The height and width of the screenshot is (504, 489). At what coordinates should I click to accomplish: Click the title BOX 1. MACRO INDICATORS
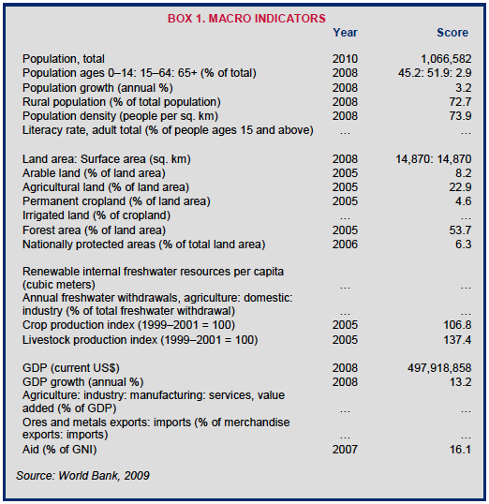[246, 19]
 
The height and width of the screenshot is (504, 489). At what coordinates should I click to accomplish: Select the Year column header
[345, 33]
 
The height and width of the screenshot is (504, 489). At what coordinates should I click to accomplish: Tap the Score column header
[452, 33]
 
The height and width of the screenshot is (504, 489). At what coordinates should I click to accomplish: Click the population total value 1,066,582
[446, 59]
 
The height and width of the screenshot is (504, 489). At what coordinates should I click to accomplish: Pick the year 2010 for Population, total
[345, 59]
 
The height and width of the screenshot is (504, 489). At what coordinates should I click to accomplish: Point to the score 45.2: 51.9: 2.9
[435, 73]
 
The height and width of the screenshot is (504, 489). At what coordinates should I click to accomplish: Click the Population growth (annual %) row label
[97, 88]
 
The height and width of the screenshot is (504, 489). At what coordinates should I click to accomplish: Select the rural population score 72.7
[460, 102]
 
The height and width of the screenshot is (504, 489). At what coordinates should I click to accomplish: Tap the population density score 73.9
[460, 116]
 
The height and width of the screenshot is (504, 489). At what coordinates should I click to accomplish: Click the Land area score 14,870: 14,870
[434, 159]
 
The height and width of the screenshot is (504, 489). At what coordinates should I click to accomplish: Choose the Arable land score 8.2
[464, 173]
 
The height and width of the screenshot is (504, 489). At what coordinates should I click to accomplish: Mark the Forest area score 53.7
[460, 230]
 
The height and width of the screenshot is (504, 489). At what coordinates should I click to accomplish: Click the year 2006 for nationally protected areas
[345, 245]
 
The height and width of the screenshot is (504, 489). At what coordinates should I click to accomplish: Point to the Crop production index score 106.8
[457, 325]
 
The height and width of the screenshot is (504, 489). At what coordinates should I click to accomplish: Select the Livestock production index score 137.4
[457, 340]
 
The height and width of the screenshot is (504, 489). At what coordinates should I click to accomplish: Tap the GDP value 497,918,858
[439, 368]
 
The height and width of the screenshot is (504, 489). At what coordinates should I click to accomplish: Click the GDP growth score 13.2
[460, 382]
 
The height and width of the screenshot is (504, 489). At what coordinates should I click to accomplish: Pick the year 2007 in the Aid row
[345, 450]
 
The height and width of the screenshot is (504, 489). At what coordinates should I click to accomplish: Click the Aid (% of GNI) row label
[59, 450]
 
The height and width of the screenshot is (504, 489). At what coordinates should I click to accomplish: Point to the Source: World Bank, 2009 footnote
[82, 476]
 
